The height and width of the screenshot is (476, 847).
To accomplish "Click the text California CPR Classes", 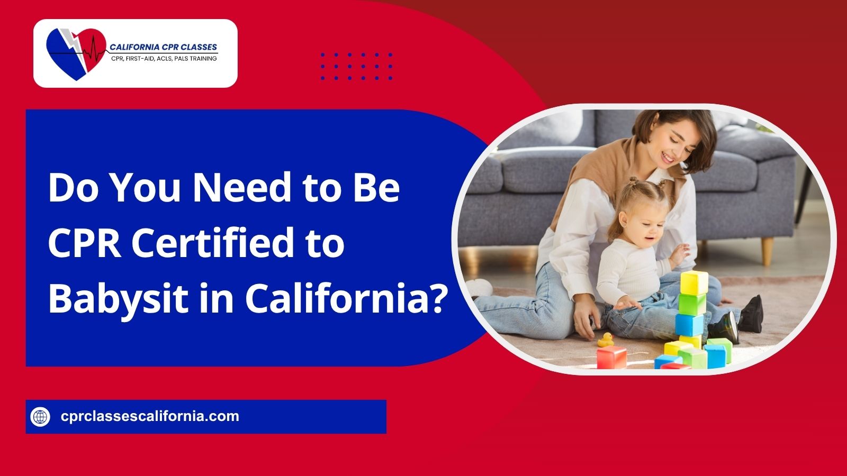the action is click(x=164, y=47).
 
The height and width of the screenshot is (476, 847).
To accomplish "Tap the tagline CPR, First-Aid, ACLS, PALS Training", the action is click(x=164, y=59).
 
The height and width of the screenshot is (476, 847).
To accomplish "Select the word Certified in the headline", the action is click(x=212, y=243).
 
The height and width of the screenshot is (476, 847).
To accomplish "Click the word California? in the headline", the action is click(x=344, y=297).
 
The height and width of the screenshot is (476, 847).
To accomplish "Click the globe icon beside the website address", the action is click(x=40, y=417).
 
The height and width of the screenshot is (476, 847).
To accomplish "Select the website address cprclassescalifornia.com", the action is click(x=150, y=416).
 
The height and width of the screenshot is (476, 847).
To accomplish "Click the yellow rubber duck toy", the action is click(x=606, y=340).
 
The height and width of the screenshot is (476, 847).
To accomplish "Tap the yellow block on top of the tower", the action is click(x=694, y=282).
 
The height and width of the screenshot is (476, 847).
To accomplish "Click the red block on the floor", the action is click(x=611, y=358).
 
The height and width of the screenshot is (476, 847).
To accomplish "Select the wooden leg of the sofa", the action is click(x=767, y=251).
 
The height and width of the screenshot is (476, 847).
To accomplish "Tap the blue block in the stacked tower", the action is click(x=690, y=325).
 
